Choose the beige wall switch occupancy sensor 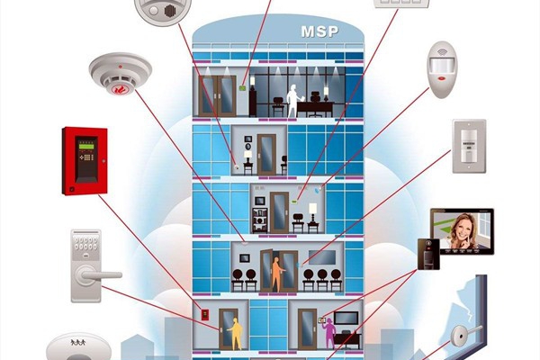tap(468, 144)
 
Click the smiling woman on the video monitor tap(460, 229)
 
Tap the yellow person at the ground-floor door tap(234, 332)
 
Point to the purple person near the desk tap(330, 332)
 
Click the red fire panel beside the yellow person tap(205, 317)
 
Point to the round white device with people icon tap(76, 347)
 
